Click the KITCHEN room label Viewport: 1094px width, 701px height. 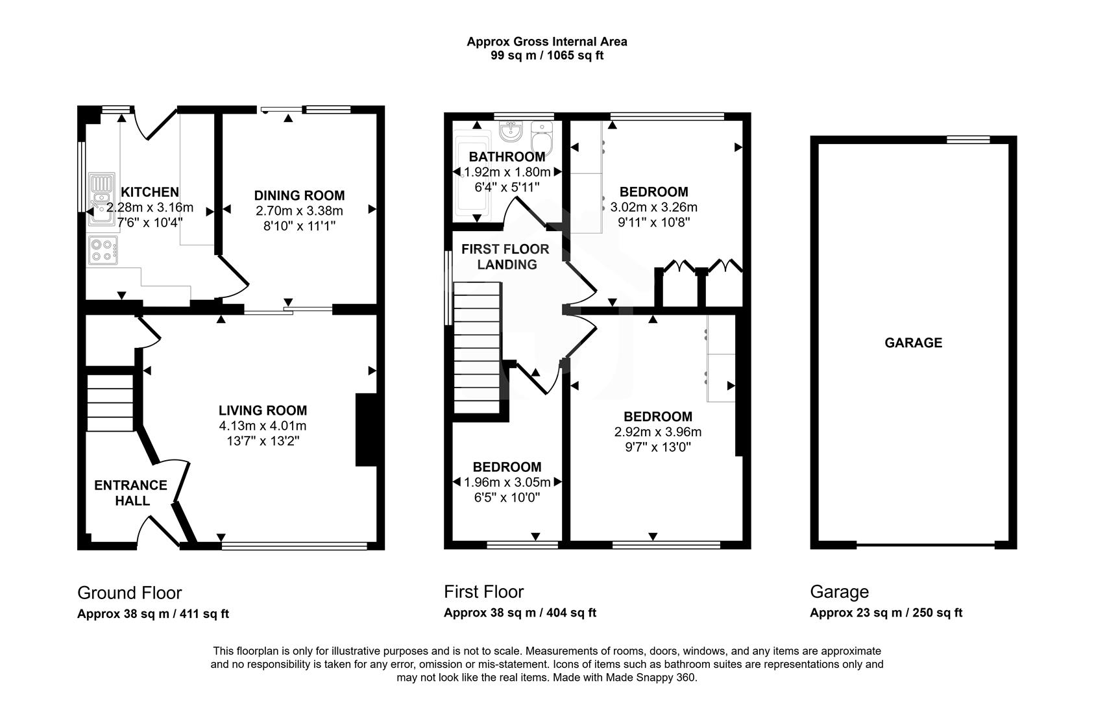coord(150,192)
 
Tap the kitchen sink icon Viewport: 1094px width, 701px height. coord(101,198)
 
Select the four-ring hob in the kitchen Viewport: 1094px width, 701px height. coord(103,251)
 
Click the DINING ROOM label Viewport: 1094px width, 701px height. coord(299,195)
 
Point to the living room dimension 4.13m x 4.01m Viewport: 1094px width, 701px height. coord(263,426)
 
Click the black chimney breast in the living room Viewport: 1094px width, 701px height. coord(365,429)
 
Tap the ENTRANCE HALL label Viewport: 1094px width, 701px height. coord(130,493)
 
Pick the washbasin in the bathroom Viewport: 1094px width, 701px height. coord(511,132)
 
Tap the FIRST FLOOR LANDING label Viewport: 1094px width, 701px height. coord(505,256)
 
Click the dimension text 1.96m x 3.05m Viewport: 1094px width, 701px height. coord(507,482)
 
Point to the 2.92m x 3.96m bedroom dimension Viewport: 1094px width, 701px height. coord(658,432)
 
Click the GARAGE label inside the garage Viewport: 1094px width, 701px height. coord(913,343)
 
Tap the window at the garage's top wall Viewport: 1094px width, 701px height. coord(968,139)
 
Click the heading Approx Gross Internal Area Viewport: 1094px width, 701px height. coord(547,42)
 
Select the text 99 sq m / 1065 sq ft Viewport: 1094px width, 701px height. coord(547,56)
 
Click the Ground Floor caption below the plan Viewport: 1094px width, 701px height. coord(129,593)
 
